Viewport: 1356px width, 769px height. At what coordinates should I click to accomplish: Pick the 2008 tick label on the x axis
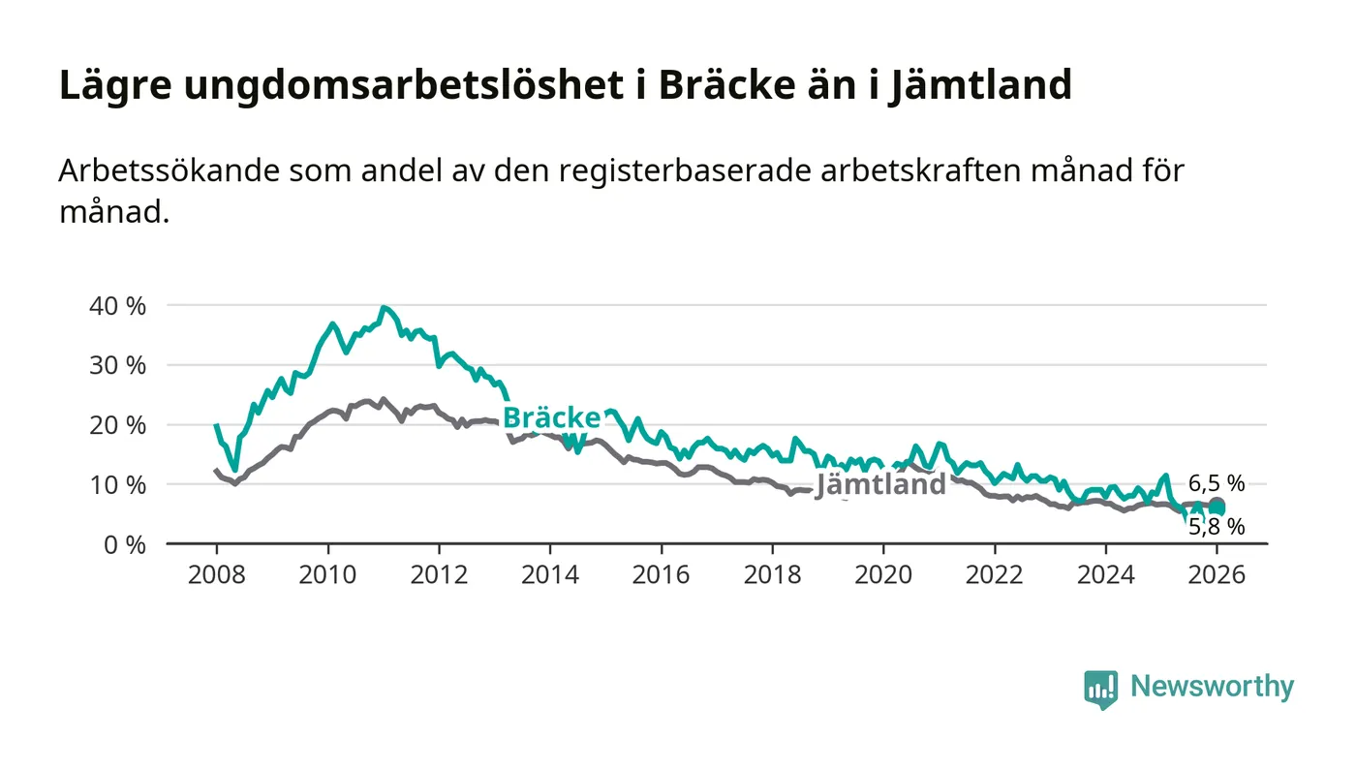[x=216, y=574]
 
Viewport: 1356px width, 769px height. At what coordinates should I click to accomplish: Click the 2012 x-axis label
[x=439, y=574]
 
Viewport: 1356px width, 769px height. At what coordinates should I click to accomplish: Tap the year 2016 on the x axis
[x=661, y=574]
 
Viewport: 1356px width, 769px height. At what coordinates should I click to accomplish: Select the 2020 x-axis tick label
[x=883, y=574]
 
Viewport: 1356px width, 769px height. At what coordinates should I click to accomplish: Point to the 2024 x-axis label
[x=1106, y=574]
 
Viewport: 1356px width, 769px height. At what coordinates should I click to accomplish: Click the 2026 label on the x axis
[x=1217, y=574]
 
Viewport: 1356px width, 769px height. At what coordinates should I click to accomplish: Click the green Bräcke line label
[x=552, y=418]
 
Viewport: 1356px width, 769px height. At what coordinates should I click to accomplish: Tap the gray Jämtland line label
[x=880, y=484]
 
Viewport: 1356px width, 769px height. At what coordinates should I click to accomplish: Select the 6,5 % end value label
[x=1217, y=483]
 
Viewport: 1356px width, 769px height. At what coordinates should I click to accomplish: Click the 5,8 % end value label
[x=1217, y=527]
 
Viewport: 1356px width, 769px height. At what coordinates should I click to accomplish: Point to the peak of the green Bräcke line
[x=385, y=308]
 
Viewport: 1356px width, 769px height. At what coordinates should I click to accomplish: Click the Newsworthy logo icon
[x=1100, y=689]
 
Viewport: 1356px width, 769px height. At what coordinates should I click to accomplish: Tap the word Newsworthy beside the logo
[x=1212, y=687]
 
